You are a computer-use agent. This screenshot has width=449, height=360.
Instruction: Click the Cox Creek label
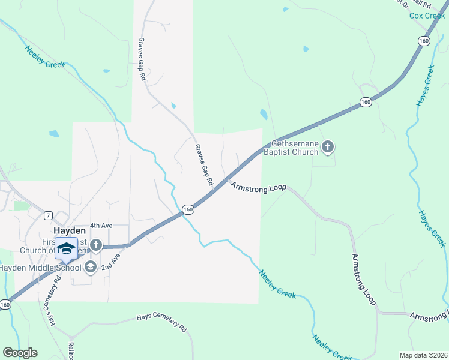click(x=427, y=16)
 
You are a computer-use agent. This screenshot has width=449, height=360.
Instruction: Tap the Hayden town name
click(x=70, y=230)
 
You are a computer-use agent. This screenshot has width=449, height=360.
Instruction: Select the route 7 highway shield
click(x=47, y=215)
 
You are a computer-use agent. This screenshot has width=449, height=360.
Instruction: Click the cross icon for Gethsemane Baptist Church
click(x=327, y=147)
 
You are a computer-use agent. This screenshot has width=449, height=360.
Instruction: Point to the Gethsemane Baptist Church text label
click(x=294, y=148)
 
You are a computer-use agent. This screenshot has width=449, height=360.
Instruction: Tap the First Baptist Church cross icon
click(x=95, y=244)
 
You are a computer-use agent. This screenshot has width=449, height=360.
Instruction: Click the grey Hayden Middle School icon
click(x=91, y=266)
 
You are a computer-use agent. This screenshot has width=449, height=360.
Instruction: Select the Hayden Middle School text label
click(x=39, y=268)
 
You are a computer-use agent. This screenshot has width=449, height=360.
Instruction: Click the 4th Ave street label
click(x=101, y=226)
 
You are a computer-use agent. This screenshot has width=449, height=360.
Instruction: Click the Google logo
click(x=20, y=352)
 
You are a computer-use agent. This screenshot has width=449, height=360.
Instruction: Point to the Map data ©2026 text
click(x=423, y=355)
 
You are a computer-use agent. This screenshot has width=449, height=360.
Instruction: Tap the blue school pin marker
click(x=66, y=248)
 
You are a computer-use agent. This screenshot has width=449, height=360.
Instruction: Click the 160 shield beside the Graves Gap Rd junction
click(x=188, y=209)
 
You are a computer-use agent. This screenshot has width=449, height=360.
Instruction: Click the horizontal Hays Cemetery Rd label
click(x=161, y=322)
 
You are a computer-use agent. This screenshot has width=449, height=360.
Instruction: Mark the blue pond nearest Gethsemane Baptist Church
click(x=263, y=114)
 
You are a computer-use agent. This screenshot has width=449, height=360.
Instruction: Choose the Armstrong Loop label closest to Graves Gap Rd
click(x=259, y=188)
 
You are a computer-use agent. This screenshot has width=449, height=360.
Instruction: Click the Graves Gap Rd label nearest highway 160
click(x=204, y=164)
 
